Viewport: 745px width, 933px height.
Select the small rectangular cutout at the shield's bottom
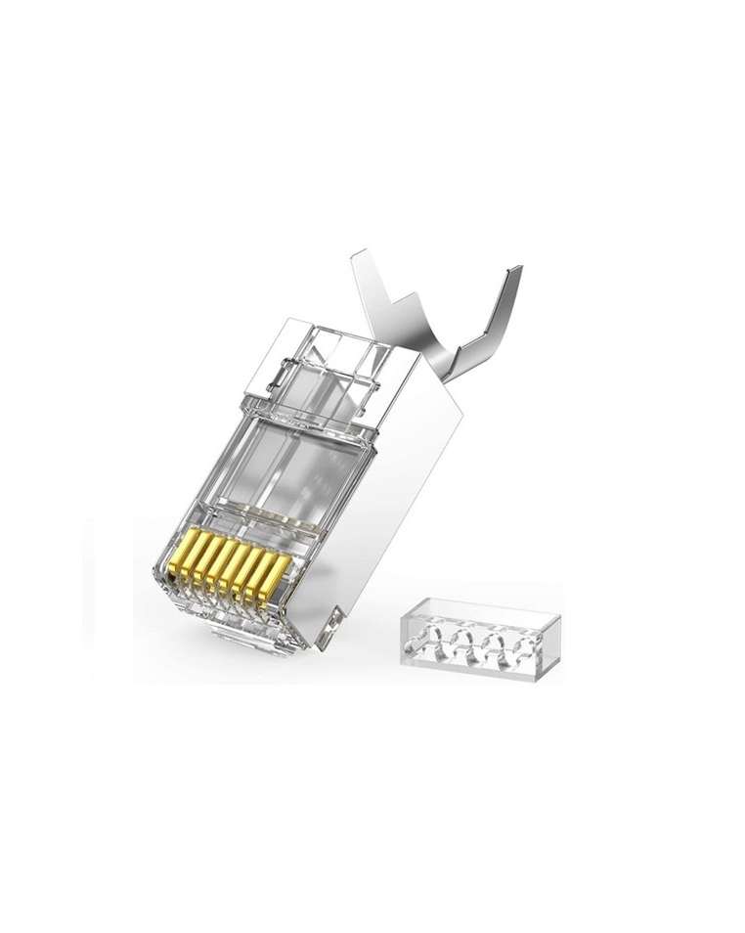(x=334, y=620)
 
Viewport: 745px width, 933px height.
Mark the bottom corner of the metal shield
(x=323, y=644)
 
